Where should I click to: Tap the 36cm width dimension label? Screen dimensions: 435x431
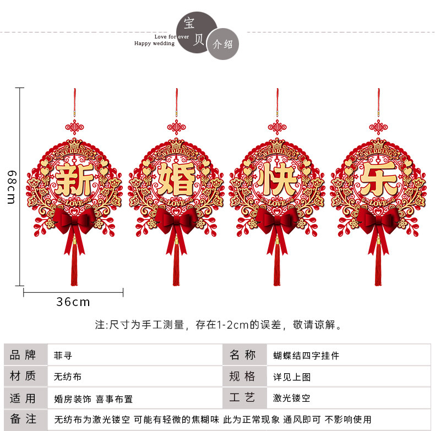pos(73,302)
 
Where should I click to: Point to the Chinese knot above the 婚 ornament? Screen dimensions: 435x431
pos(176,127)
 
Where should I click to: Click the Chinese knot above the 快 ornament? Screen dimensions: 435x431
pos(278,127)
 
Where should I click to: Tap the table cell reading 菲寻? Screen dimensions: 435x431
pos(63,356)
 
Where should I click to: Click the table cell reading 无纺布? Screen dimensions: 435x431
pos(68,377)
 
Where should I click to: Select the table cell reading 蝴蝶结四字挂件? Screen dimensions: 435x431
pos(306,356)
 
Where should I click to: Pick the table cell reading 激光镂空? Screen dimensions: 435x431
pos(292,398)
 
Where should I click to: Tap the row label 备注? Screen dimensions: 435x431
pos(23,419)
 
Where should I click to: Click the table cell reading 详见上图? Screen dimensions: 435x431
pos(292,377)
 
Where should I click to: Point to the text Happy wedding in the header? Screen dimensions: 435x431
pos(154,43)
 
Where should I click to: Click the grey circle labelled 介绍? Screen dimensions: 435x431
pos(223,44)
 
